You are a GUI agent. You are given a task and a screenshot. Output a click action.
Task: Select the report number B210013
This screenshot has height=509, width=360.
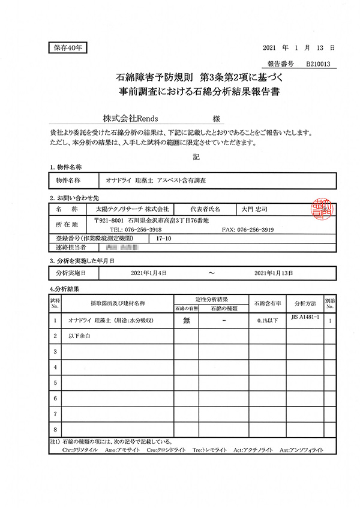pyautogui.click(x=320, y=62)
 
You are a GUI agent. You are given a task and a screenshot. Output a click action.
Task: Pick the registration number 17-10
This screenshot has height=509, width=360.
pyautogui.click(x=163, y=238)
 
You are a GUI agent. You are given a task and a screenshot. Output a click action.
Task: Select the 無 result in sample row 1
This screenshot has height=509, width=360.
pyautogui.click(x=186, y=321)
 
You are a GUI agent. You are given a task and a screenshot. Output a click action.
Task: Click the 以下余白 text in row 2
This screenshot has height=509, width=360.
pyautogui.click(x=79, y=336)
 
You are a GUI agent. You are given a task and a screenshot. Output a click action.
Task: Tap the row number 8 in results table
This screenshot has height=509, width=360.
pyautogui.click(x=55, y=430)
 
